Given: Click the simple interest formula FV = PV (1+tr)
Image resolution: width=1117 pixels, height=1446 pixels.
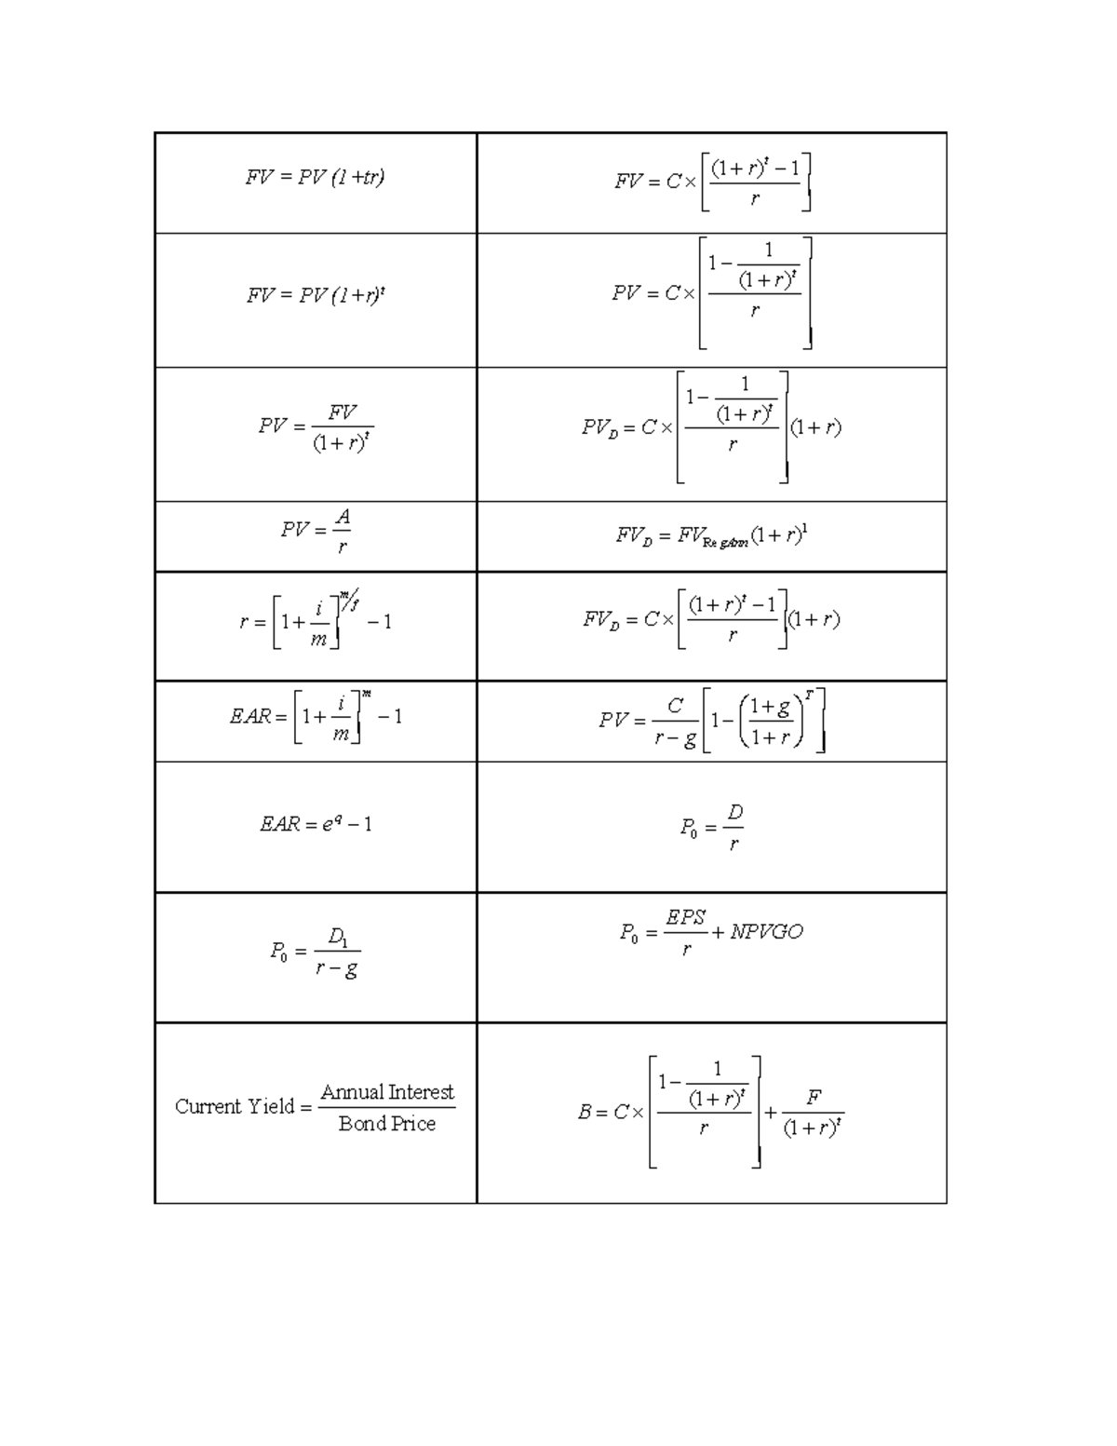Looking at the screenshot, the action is click(315, 177).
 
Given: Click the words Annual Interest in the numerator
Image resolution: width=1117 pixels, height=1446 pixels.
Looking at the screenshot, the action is click(387, 1091).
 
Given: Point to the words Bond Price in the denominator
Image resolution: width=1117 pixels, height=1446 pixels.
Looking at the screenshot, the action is click(387, 1124).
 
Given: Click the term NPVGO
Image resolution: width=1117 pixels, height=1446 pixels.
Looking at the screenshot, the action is click(766, 932).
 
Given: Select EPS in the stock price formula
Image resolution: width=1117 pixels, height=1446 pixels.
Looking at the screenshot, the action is click(686, 917).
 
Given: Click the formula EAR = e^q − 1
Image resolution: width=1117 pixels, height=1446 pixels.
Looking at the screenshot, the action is click(316, 824).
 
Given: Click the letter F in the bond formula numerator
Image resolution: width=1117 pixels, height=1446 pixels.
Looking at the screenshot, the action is click(814, 1098).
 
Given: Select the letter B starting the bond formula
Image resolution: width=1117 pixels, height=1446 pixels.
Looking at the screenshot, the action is click(585, 1112).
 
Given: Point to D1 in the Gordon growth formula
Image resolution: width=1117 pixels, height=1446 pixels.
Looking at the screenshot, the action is click(337, 936).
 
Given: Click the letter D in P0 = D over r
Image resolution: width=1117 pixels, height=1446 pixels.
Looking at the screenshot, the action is click(735, 813).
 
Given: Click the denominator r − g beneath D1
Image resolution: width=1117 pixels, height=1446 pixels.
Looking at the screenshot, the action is click(337, 968).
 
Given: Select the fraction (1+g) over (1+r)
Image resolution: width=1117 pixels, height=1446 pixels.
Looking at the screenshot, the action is click(771, 722).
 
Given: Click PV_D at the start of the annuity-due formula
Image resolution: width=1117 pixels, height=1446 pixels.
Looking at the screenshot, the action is click(599, 427).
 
